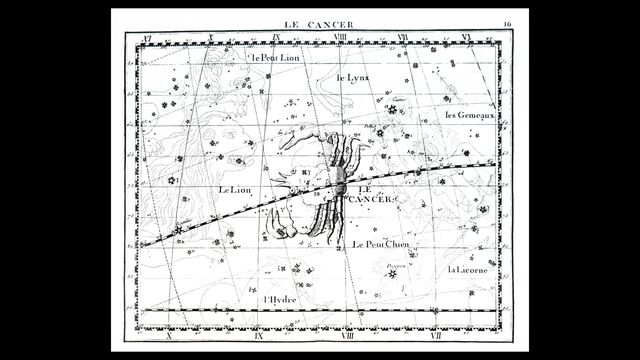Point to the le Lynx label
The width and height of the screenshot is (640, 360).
point(352,77)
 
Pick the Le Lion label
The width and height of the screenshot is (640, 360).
point(236,190)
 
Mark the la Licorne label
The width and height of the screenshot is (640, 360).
point(467,269)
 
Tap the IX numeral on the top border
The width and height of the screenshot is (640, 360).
point(274,39)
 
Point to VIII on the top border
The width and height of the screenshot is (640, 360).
point(338,39)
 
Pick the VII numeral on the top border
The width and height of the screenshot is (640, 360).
point(402,39)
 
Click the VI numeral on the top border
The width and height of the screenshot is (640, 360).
point(466,39)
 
